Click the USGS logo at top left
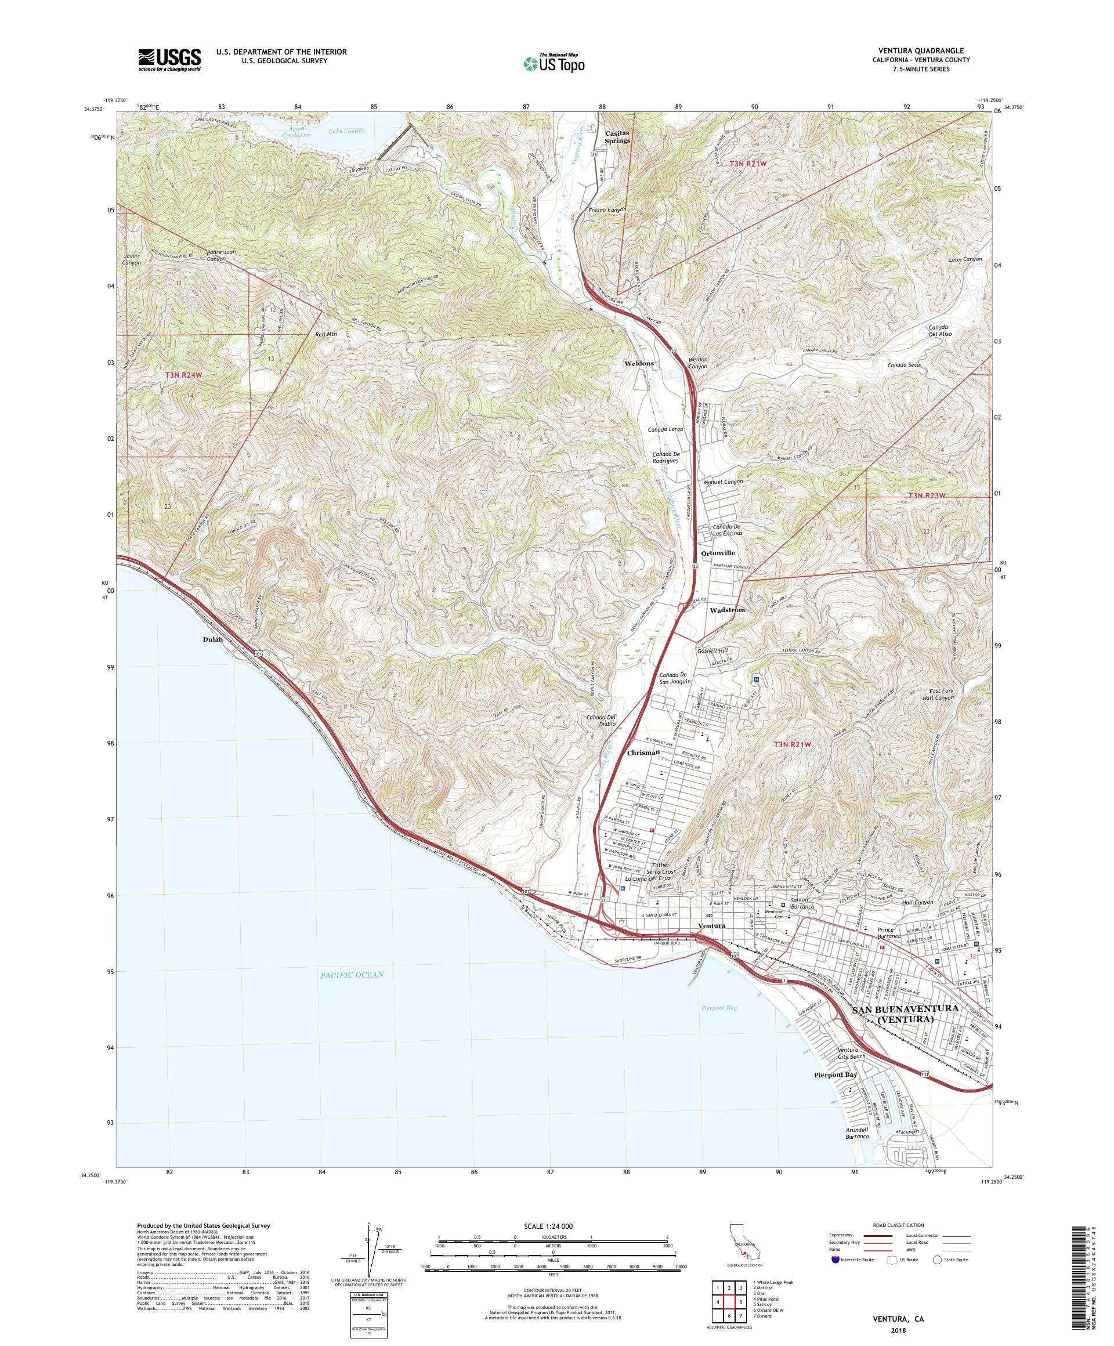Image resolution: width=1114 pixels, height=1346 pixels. [x=169, y=60]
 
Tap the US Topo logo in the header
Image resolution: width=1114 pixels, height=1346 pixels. [x=554, y=62]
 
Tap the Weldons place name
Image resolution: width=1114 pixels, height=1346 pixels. [x=638, y=363]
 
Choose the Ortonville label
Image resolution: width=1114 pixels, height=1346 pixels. [x=718, y=552]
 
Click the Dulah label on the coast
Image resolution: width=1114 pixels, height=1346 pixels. [x=212, y=639]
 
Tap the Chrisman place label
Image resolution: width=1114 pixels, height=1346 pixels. [x=643, y=752]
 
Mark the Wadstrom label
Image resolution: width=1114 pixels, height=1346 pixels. [x=728, y=610]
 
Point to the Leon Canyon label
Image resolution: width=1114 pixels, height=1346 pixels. [x=965, y=259]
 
